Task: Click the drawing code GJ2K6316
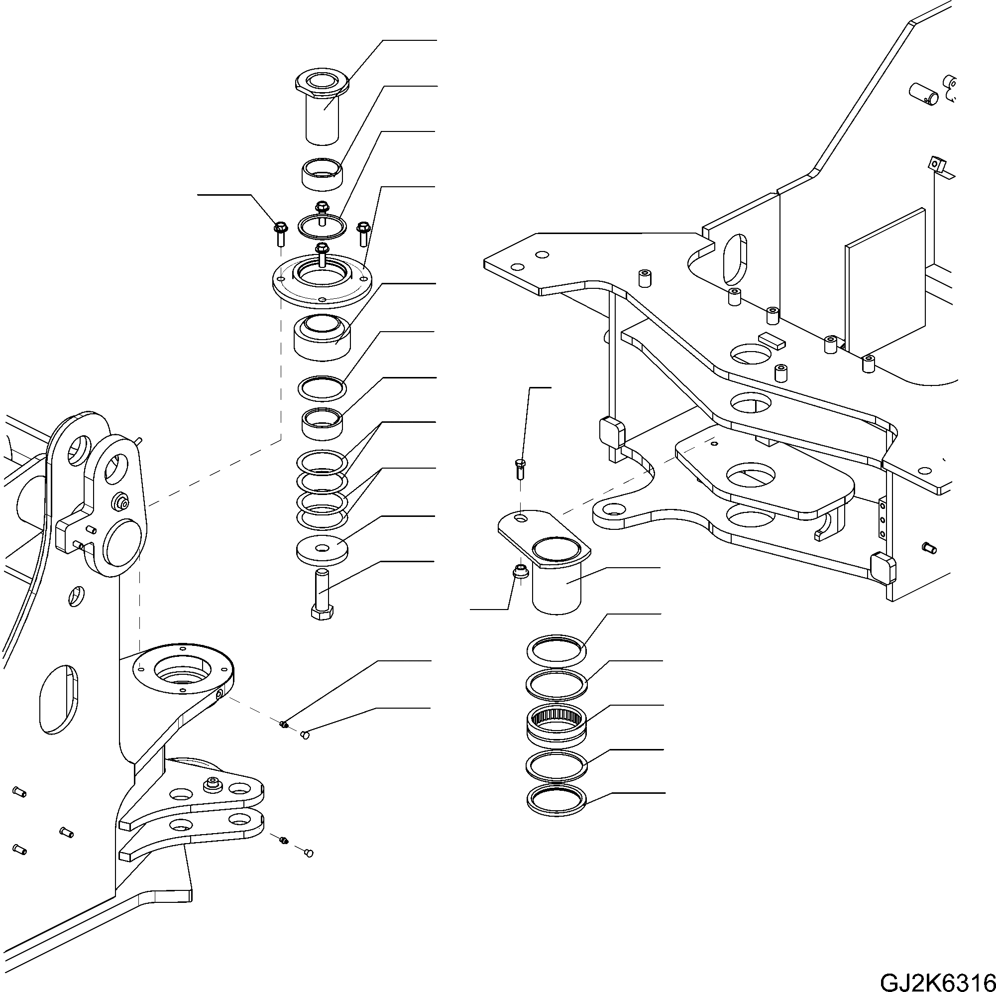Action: [x=936, y=980]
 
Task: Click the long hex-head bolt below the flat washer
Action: [x=322, y=593]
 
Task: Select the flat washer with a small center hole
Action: [x=323, y=550]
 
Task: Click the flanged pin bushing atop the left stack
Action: [x=322, y=106]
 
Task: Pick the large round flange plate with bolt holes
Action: [x=322, y=281]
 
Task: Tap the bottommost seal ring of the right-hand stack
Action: [x=557, y=803]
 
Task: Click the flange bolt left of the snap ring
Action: [x=280, y=233]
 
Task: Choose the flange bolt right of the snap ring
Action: [x=363, y=233]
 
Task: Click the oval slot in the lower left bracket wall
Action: [x=58, y=699]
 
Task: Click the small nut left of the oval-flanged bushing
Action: [x=520, y=572]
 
